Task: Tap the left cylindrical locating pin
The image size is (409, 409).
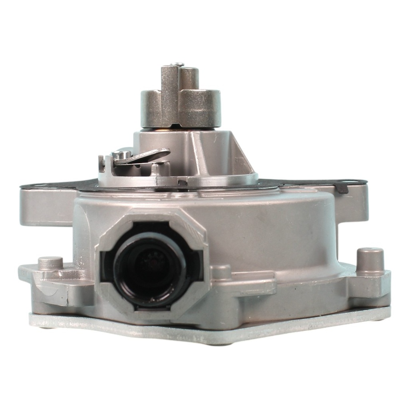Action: click(50, 263)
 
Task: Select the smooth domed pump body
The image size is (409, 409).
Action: click(272, 228)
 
